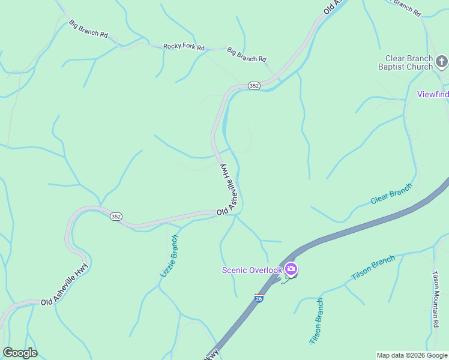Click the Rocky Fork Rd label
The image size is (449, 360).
coord(184,47)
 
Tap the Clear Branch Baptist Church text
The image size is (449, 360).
coord(408,62)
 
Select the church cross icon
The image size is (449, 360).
coord(441,61)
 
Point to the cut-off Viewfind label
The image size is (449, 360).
coord(433,94)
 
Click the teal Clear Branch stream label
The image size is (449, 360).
coord(391,194)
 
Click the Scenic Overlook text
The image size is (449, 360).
coord(252,270)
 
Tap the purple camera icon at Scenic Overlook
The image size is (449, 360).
coord(291,269)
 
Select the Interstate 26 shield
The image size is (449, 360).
coord(259,298)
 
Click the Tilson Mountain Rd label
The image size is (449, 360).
coord(436,299)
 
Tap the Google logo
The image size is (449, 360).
coord(20,353)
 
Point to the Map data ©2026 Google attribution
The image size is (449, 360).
coord(412,355)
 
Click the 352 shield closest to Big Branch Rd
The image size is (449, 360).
coord(254,86)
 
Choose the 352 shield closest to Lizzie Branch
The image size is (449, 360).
coord(116,217)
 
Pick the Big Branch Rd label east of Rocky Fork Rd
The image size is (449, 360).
coord(246,55)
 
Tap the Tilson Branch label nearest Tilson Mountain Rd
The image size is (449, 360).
coord(373,268)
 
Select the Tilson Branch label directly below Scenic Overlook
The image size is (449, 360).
coord(316,321)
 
